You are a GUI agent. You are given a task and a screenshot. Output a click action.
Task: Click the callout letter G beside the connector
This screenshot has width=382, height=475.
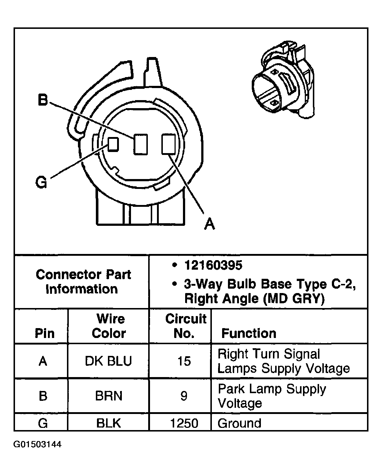[x=41, y=182]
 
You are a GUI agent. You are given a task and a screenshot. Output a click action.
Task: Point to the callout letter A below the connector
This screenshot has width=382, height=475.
[x=209, y=223]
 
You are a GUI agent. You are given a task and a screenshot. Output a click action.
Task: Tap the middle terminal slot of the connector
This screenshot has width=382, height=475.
[x=140, y=144]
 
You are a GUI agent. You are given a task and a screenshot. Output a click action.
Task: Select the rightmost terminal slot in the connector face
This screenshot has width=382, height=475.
[x=168, y=144]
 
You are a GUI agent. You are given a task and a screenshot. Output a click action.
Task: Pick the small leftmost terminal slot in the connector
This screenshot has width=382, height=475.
[x=113, y=144]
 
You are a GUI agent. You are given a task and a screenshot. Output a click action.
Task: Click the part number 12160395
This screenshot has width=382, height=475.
[x=213, y=266]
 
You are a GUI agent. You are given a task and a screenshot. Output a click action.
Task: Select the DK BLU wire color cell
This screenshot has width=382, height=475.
[x=108, y=361]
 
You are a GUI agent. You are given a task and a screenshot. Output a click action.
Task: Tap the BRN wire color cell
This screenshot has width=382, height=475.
[x=109, y=396]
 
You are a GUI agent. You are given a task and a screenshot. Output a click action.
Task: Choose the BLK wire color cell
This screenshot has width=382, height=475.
[x=109, y=423]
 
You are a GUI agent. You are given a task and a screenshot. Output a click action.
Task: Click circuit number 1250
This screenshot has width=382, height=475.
[x=184, y=423]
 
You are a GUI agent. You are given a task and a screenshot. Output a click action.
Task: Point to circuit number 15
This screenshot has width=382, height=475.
[x=184, y=361]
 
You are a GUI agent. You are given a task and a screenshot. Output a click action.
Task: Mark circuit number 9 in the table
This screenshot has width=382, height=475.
[x=184, y=396]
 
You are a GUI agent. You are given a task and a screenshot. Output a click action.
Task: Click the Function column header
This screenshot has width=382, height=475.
[x=249, y=333]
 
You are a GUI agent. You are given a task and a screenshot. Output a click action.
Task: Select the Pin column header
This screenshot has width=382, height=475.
[x=44, y=333]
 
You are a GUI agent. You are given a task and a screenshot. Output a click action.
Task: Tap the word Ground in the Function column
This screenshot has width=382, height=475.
[x=239, y=423]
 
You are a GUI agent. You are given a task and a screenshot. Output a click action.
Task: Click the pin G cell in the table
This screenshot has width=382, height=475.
[x=43, y=423]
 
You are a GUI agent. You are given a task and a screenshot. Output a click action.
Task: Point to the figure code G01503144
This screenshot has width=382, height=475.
[x=38, y=445]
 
